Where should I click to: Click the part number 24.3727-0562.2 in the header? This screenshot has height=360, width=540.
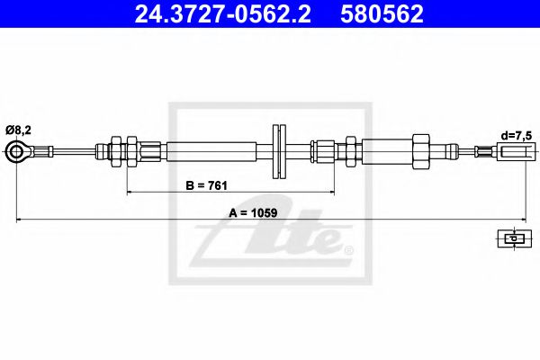click(x=225, y=14)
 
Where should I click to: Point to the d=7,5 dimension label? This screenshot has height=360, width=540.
click(x=517, y=136)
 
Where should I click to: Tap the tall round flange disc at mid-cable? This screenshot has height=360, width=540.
click(x=278, y=151)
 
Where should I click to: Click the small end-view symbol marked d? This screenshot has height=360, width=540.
click(x=512, y=238)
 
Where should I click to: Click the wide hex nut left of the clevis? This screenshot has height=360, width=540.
click(x=420, y=149)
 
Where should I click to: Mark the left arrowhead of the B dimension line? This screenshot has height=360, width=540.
click(x=130, y=192)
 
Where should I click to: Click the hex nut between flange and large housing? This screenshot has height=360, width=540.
click(x=349, y=149)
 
